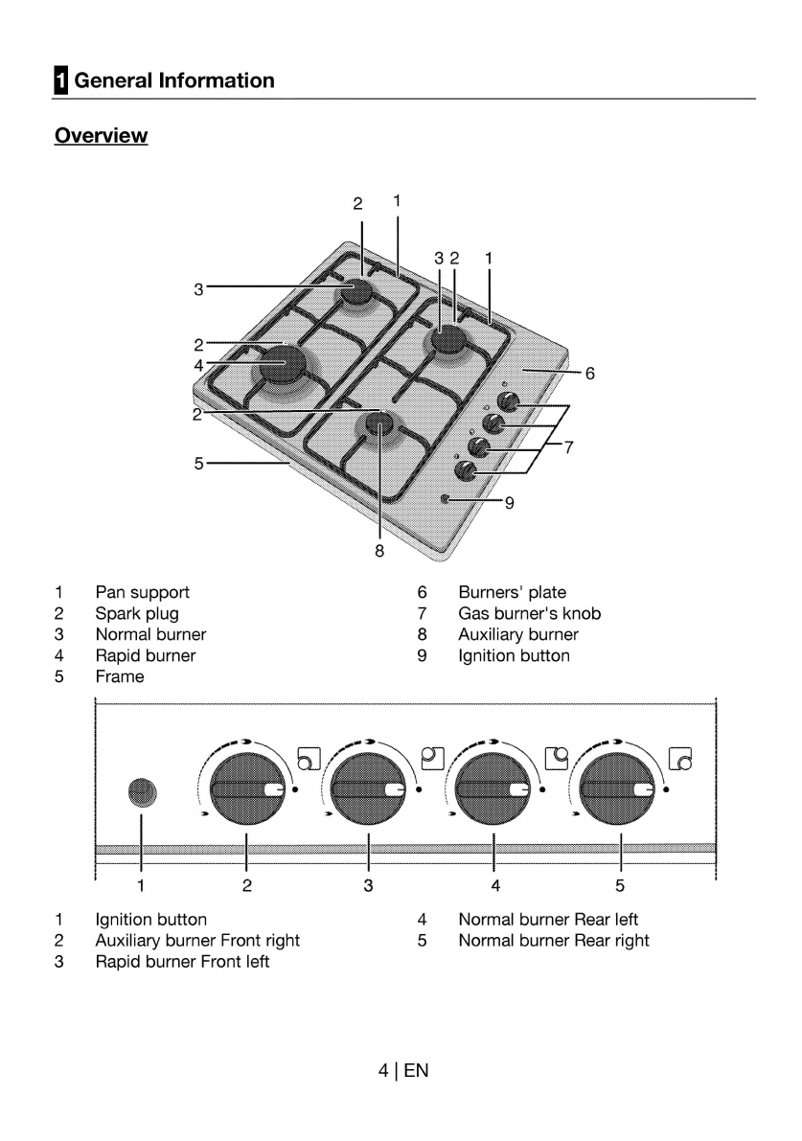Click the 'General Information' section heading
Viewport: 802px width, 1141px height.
click(x=173, y=80)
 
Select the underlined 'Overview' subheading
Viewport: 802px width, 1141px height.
click(x=101, y=136)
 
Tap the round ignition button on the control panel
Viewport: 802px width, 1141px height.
click(x=141, y=791)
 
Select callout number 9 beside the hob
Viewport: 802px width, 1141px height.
click(x=509, y=502)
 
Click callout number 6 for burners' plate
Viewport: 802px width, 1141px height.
click(x=590, y=374)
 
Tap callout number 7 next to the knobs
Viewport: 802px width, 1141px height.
click(x=568, y=446)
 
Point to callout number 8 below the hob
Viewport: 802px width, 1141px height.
click(x=379, y=551)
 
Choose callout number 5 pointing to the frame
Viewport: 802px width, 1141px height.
click(x=198, y=463)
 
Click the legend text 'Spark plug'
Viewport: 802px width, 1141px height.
click(x=136, y=613)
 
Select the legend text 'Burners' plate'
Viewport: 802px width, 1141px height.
click(x=512, y=592)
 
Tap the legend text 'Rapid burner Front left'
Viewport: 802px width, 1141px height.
click(x=182, y=961)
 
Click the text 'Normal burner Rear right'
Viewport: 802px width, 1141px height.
click(x=553, y=940)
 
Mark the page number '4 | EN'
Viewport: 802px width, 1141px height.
click(x=403, y=1070)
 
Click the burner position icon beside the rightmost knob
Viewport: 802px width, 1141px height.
click(x=681, y=758)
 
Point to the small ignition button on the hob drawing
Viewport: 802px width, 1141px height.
click(x=447, y=499)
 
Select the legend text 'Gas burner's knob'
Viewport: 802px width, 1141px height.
click(x=529, y=613)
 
